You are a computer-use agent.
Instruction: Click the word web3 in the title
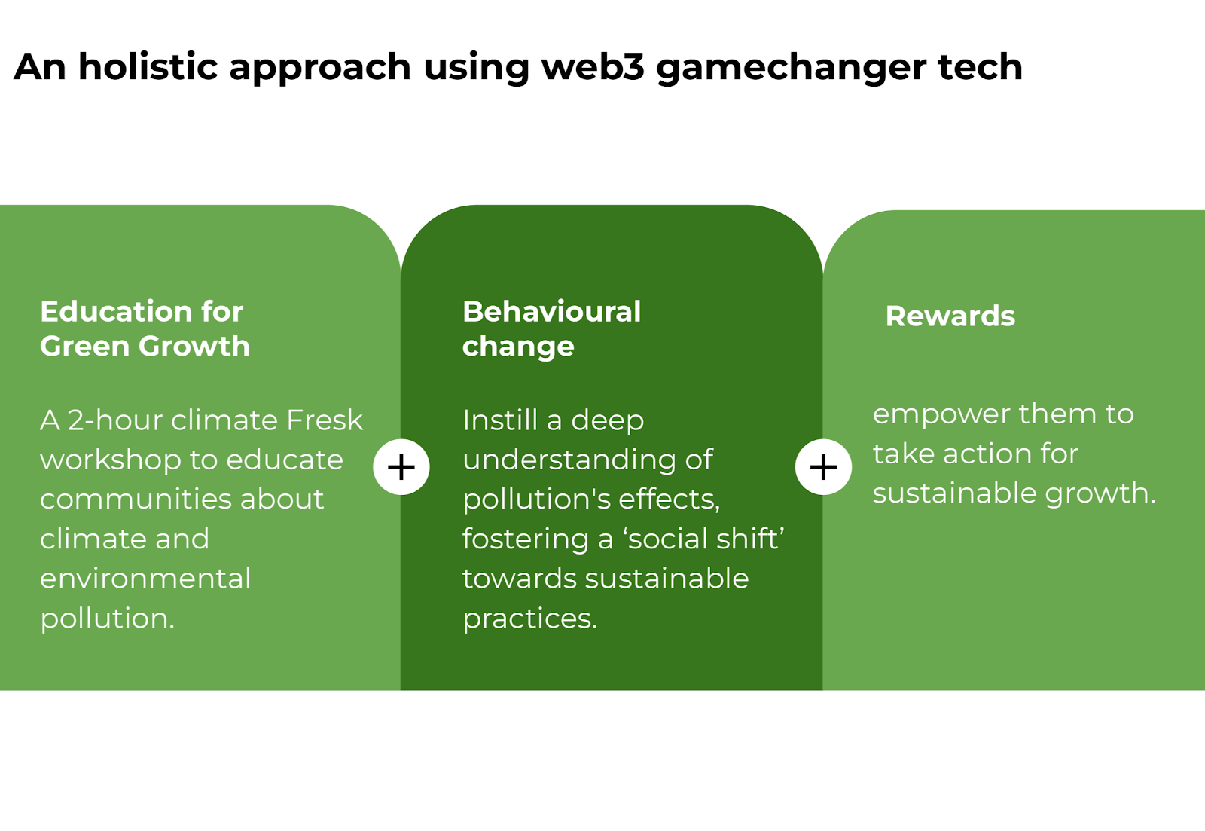pyautogui.click(x=593, y=67)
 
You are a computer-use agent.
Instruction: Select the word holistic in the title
pyautogui.click(x=148, y=67)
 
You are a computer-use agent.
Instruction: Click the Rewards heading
pyautogui.click(x=950, y=316)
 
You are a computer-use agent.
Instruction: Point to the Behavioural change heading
pyautogui.click(x=551, y=328)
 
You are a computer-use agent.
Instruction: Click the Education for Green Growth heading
pyautogui.click(x=145, y=328)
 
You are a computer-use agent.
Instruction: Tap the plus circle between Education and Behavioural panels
pyautogui.click(x=401, y=466)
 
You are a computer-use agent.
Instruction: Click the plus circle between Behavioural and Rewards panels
pyautogui.click(x=823, y=466)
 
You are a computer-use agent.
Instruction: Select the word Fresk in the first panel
pyautogui.click(x=325, y=420)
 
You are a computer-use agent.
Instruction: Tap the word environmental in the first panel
pyautogui.click(x=145, y=579)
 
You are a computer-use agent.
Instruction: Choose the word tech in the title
pyautogui.click(x=980, y=67)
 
